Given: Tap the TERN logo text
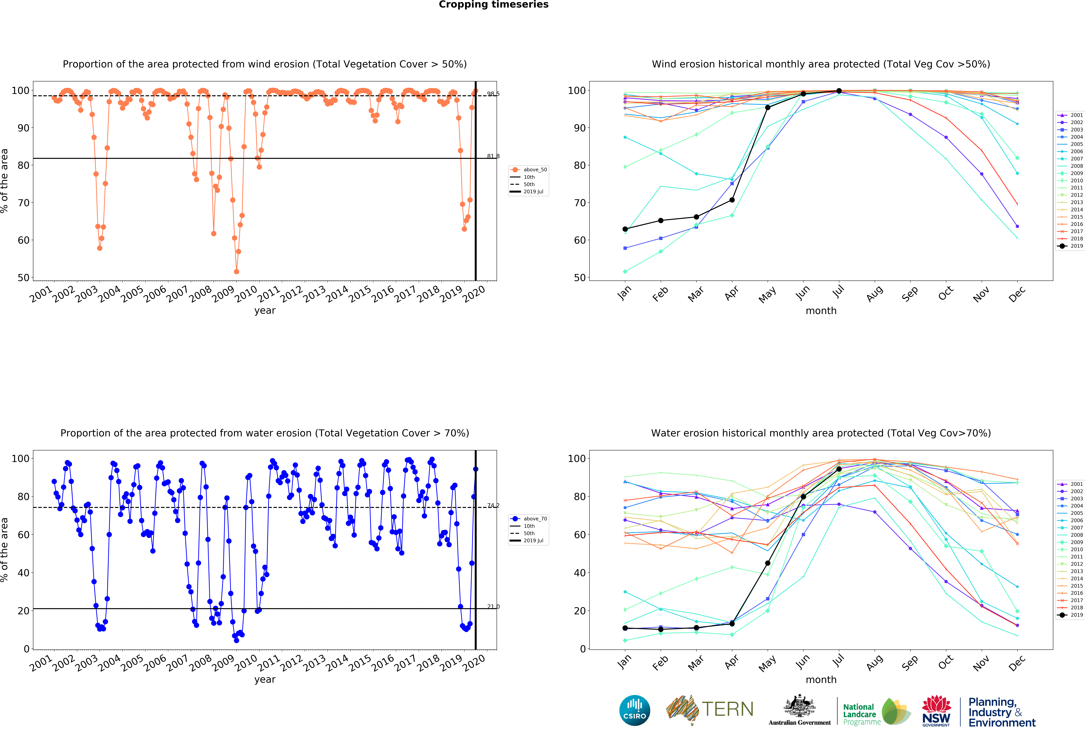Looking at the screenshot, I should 727,709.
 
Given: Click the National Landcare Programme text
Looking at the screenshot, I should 861,714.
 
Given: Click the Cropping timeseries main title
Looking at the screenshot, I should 493,5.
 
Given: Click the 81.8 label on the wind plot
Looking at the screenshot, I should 493,156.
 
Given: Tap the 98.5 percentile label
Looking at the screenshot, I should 493,94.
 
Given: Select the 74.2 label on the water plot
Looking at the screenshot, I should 493,505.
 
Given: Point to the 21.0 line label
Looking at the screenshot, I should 493,606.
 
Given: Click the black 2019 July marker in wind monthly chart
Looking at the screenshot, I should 839,91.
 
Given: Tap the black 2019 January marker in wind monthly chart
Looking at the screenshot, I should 625,229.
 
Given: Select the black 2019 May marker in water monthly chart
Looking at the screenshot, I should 767,563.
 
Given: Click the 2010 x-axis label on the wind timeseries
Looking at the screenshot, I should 246,294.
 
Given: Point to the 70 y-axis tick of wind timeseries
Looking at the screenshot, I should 23,203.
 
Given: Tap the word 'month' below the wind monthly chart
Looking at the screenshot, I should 821,311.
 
